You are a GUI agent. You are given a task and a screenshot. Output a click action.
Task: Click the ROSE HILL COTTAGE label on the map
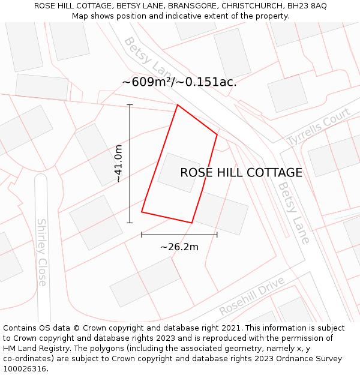pos(241,173)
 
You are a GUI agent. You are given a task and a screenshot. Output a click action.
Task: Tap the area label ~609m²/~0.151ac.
pos(179,82)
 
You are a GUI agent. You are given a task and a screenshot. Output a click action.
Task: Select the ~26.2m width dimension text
pos(179,247)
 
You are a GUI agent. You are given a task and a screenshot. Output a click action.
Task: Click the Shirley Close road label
pos(42,251)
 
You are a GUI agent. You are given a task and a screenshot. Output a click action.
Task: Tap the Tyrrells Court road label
pos(318,127)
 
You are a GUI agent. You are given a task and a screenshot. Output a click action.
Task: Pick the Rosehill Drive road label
pos(251,296)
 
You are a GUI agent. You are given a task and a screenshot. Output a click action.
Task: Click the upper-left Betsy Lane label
pos(143,57)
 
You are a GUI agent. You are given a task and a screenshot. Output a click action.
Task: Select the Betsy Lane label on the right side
pos(293,213)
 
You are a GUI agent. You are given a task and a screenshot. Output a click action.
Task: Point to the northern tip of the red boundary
pos(178,105)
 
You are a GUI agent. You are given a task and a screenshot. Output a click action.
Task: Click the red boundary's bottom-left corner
pos(142,212)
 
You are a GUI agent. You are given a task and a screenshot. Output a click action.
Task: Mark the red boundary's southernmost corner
pos(191,223)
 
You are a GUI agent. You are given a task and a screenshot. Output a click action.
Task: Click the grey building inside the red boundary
pos(179,173)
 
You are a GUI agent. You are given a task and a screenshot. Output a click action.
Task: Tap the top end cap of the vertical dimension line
pos(130,105)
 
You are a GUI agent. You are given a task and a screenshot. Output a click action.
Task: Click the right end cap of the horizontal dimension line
pos(217,235)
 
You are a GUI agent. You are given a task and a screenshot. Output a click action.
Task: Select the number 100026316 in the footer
pos(25,368)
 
